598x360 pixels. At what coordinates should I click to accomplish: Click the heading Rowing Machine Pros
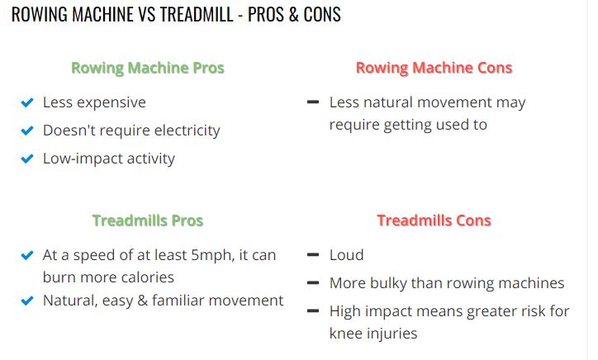[x=148, y=69]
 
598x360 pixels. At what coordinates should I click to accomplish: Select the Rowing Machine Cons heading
[x=434, y=69]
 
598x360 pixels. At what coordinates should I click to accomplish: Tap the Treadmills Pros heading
[x=148, y=220]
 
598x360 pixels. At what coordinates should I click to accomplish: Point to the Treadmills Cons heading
[x=434, y=220]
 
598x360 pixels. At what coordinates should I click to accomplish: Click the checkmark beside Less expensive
[x=27, y=102]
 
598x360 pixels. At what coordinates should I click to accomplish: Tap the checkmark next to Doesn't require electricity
[x=27, y=130]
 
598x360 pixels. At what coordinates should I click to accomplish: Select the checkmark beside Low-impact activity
[x=27, y=159]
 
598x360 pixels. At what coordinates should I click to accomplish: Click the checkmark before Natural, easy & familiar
[x=27, y=301]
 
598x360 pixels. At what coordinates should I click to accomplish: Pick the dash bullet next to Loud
[x=313, y=254]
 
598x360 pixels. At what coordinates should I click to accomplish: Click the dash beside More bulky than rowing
[x=313, y=282]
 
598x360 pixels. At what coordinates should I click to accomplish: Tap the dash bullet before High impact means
[x=313, y=310]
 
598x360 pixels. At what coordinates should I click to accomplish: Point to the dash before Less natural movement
[x=313, y=102]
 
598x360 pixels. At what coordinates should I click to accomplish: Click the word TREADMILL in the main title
[x=197, y=14]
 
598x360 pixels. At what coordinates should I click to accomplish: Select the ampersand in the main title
[x=293, y=14]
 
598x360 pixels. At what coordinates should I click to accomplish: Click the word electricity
[x=187, y=130]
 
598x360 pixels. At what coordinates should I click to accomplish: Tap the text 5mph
[x=212, y=255]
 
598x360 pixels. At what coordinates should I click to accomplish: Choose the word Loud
[x=346, y=255]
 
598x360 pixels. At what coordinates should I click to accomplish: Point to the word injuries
[x=392, y=334]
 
